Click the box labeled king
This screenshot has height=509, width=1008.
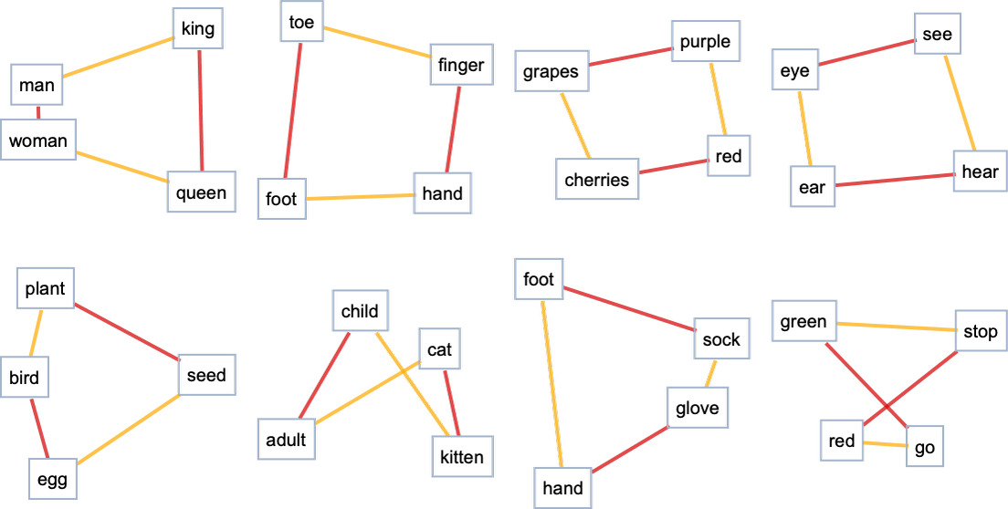tap(197, 28)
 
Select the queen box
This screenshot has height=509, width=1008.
tap(201, 192)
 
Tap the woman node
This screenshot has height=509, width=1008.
tap(38, 140)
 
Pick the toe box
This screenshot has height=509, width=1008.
tap(301, 23)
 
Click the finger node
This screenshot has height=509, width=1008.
tap(460, 65)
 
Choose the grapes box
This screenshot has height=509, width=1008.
tap(551, 72)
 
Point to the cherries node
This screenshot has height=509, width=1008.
tap(597, 179)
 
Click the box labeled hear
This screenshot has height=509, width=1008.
tap(980, 171)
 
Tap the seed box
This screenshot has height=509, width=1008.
tap(206, 375)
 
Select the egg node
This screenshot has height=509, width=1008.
tap(53, 479)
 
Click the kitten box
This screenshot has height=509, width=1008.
tap(462, 456)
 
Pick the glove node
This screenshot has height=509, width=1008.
tap(698, 408)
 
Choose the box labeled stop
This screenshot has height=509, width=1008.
tap(980, 332)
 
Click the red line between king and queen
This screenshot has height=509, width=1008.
tap(200, 109)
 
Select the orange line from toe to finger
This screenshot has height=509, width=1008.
tap(377, 42)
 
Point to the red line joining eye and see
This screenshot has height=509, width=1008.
tap(867, 52)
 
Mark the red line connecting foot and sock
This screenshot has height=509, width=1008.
tap(630, 309)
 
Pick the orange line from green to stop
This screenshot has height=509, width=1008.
tap(896, 327)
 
